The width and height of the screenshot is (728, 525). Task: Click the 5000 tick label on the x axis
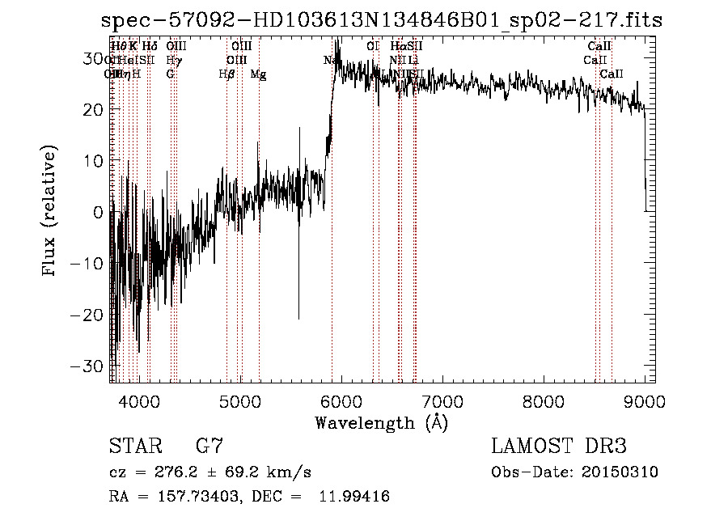(x=240, y=401)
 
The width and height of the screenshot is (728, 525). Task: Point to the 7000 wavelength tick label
(x=442, y=401)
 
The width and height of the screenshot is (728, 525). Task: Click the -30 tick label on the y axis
(x=89, y=366)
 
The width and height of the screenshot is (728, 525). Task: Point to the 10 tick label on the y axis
(x=95, y=161)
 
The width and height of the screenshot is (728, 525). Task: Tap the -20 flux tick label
(x=89, y=315)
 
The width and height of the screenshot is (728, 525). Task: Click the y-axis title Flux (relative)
(x=52, y=212)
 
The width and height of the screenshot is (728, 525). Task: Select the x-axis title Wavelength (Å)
(x=381, y=422)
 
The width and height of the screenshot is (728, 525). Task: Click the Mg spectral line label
(x=258, y=74)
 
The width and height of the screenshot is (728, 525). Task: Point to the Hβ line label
(x=227, y=74)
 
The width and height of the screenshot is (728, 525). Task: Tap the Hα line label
(x=397, y=47)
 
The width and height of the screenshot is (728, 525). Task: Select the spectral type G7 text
(x=209, y=447)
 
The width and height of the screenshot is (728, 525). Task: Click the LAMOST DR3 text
(x=559, y=447)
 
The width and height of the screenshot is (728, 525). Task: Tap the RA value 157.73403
(x=191, y=497)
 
